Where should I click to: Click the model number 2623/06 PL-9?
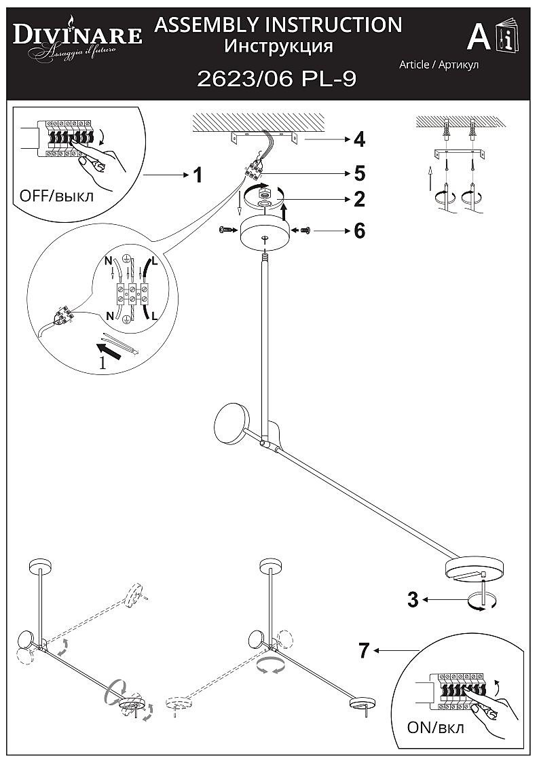[276, 79]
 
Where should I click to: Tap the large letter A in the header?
[479, 38]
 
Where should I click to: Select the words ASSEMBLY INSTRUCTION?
[278, 25]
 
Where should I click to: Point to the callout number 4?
[359, 140]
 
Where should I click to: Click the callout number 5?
[359, 173]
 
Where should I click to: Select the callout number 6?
[359, 231]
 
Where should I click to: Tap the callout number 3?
[413, 600]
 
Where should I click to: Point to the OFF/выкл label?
[57, 196]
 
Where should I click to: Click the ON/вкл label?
[436, 728]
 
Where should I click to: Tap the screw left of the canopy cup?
[226, 231]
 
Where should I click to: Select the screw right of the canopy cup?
[305, 231]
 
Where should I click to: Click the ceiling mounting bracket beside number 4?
[264, 137]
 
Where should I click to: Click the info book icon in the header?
[506, 38]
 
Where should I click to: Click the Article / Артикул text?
[439, 65]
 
